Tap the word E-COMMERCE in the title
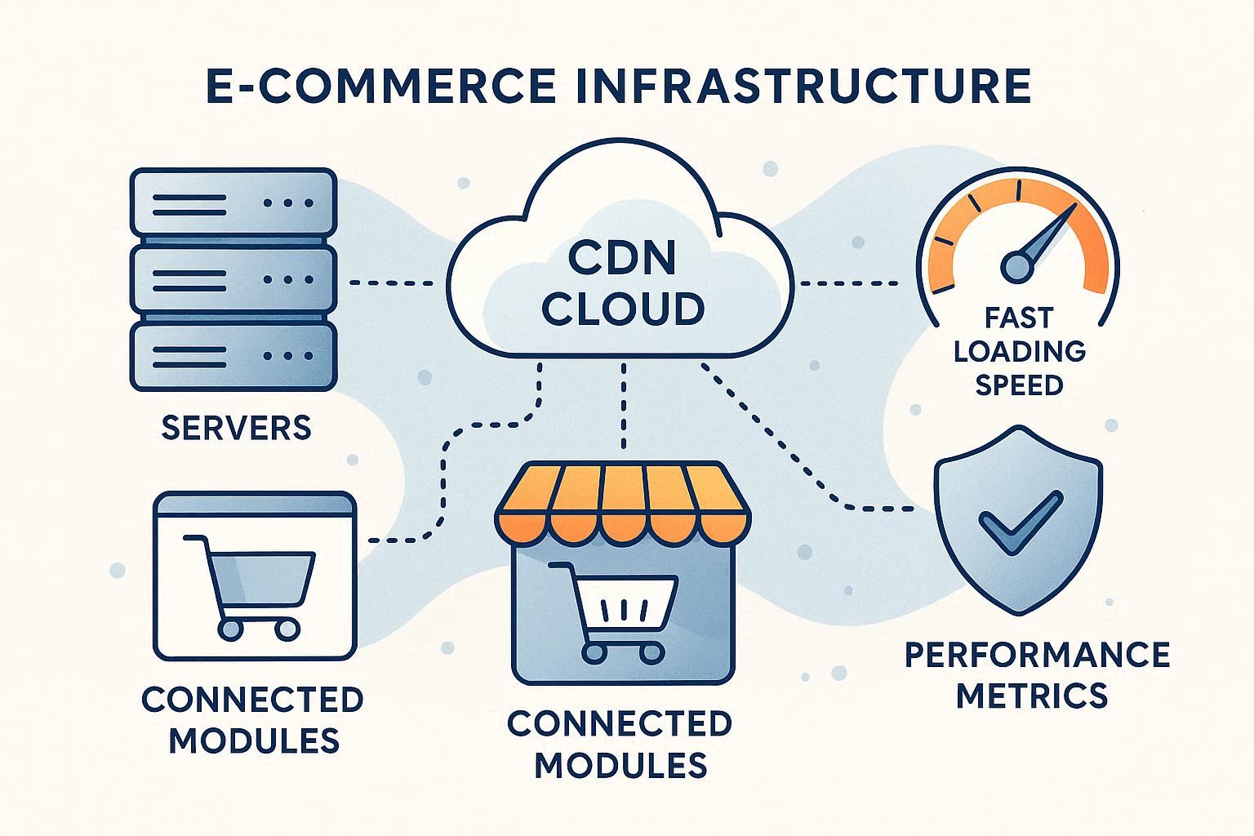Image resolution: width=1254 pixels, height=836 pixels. tap(384, 87)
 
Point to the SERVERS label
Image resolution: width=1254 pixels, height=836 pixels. tap(237, 428)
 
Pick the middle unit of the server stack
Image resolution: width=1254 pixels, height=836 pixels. tap(233, 279)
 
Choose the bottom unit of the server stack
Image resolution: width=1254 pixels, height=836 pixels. tap(233, 356)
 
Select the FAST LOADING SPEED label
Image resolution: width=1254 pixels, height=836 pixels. tap(1020, 350)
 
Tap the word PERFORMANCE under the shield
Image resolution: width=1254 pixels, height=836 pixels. tap(1038, 654)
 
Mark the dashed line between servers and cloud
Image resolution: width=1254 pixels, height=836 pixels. tap(391, 283)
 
